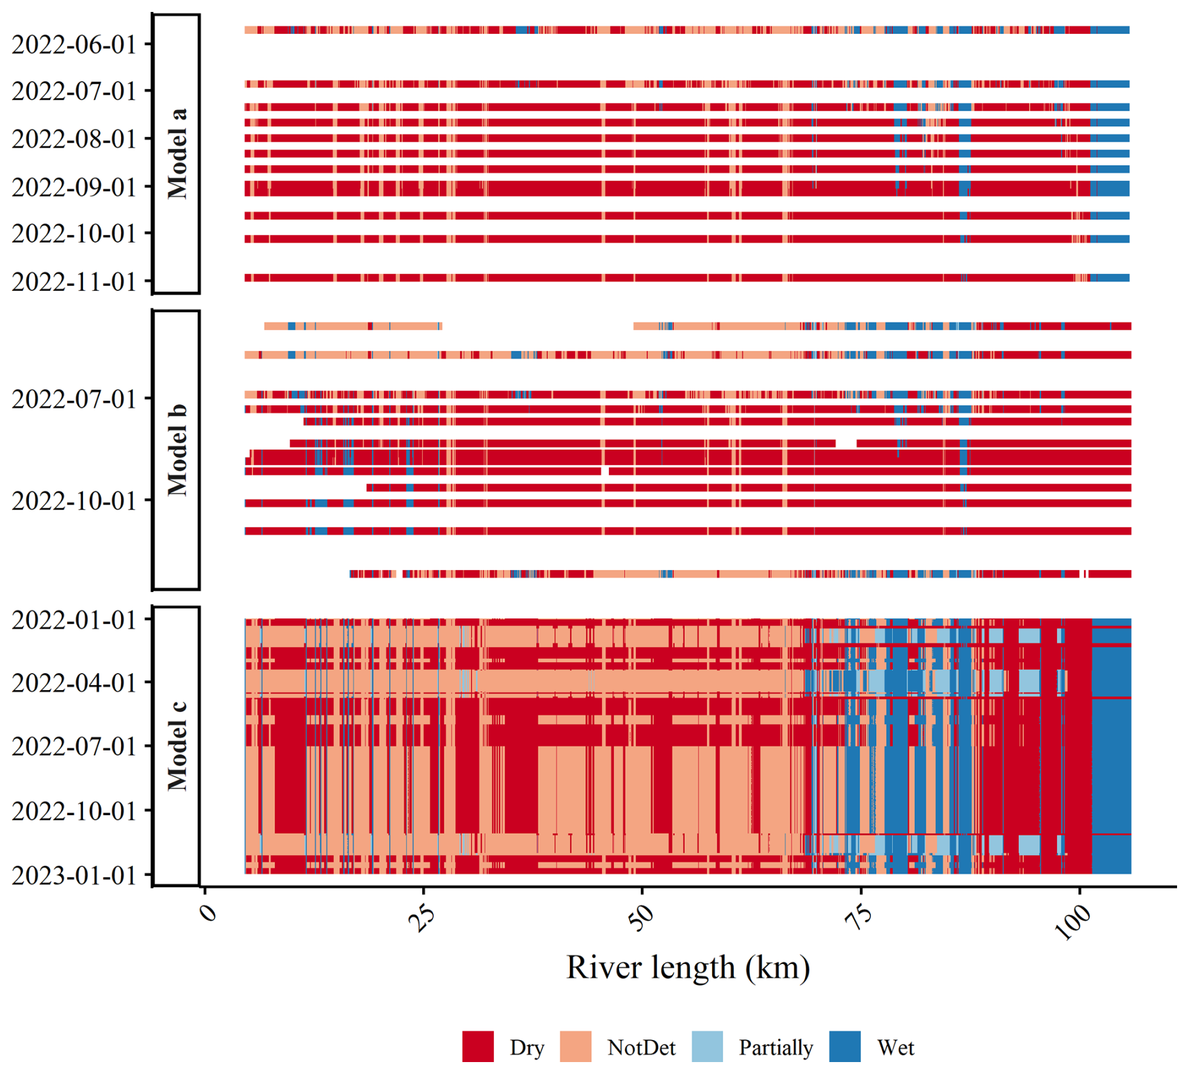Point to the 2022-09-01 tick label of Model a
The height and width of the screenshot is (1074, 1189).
pos(74,187)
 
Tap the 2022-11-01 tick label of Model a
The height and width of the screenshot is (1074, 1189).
pos(74,282)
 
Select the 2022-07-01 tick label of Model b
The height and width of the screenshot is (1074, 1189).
pos(74,399)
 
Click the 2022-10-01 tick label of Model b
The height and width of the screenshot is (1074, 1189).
pos(74,501)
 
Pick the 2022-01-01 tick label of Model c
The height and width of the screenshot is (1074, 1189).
pos(74,620)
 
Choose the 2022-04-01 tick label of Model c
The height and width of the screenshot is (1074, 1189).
pos(74,682)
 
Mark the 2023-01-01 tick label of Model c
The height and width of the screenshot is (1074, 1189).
pos(74,875)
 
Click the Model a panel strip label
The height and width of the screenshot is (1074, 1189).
pos(177,154)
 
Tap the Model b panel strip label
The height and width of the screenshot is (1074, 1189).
pos(177,450)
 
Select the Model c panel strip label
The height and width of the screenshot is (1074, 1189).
pos(177,746)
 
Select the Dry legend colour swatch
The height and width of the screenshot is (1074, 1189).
pos(478,1046)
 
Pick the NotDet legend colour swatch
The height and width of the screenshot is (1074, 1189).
pos(576,1046)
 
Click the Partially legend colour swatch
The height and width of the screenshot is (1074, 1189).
pos(707,1046)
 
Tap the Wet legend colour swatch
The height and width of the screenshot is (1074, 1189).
pos(845,1046)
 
